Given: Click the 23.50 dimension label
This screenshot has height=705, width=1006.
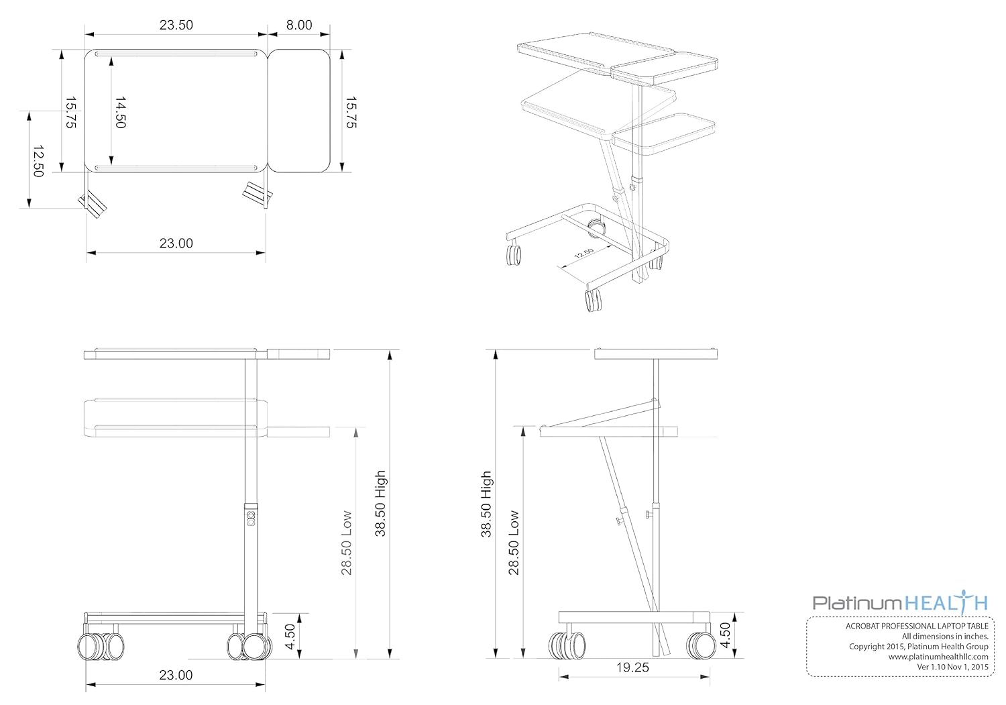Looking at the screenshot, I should [176, 25].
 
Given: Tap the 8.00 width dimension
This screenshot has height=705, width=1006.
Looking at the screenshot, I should [299, 25].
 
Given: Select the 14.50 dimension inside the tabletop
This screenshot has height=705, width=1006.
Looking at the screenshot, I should [120, 112].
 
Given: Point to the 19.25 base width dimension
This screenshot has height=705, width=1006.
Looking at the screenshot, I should [633, 667].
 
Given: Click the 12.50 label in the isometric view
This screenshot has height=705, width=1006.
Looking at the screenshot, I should [584, 254].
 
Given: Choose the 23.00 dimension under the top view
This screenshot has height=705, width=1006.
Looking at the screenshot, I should [176, 243].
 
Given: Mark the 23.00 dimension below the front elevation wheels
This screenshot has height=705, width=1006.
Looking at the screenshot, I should [176, 675].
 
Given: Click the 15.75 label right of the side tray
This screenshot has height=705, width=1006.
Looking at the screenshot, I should [351, 112].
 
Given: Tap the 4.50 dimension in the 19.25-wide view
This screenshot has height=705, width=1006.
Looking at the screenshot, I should [725, 635].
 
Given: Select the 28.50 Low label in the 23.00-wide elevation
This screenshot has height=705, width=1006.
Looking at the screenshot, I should [347, 543].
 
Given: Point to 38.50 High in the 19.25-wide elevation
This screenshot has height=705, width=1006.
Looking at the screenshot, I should [487, 504].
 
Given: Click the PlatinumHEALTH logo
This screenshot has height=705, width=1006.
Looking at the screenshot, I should [900, 602].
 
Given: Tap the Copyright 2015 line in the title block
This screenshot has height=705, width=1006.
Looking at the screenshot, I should [918, 647].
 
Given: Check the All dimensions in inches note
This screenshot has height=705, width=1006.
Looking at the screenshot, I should [944, 636].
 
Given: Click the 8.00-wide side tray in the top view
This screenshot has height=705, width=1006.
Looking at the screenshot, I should [300, 111].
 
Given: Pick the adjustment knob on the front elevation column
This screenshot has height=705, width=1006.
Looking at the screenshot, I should [251, 519].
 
